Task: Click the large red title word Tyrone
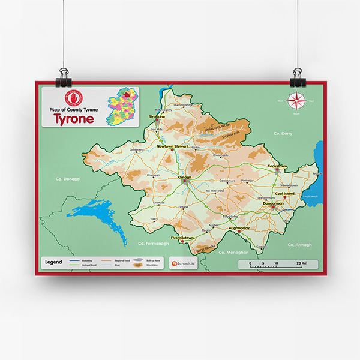pos(74,118)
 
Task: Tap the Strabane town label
pos(157,116)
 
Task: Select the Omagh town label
pos(185,178)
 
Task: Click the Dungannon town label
pos(273,204)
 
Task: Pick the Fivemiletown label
pos(182,238)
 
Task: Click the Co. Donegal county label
pos(67,178)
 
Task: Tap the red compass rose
pos(296,100)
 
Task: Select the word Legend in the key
pos(54,262)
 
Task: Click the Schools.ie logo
pos(185,263)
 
